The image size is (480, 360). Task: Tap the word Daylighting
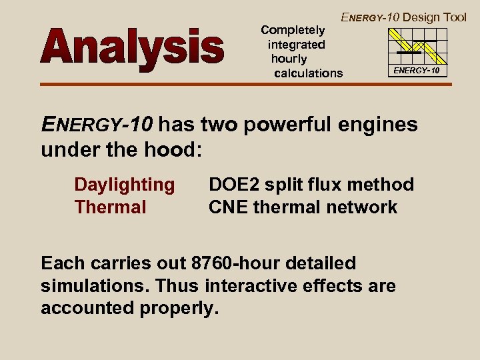click(125, 185)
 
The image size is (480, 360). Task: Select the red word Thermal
click(110, 207)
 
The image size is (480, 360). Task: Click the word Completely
click(293, 30)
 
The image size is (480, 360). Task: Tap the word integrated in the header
click(296, 45)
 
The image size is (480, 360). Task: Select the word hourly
click(289, 59)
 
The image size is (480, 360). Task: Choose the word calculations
click(308, 73)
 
